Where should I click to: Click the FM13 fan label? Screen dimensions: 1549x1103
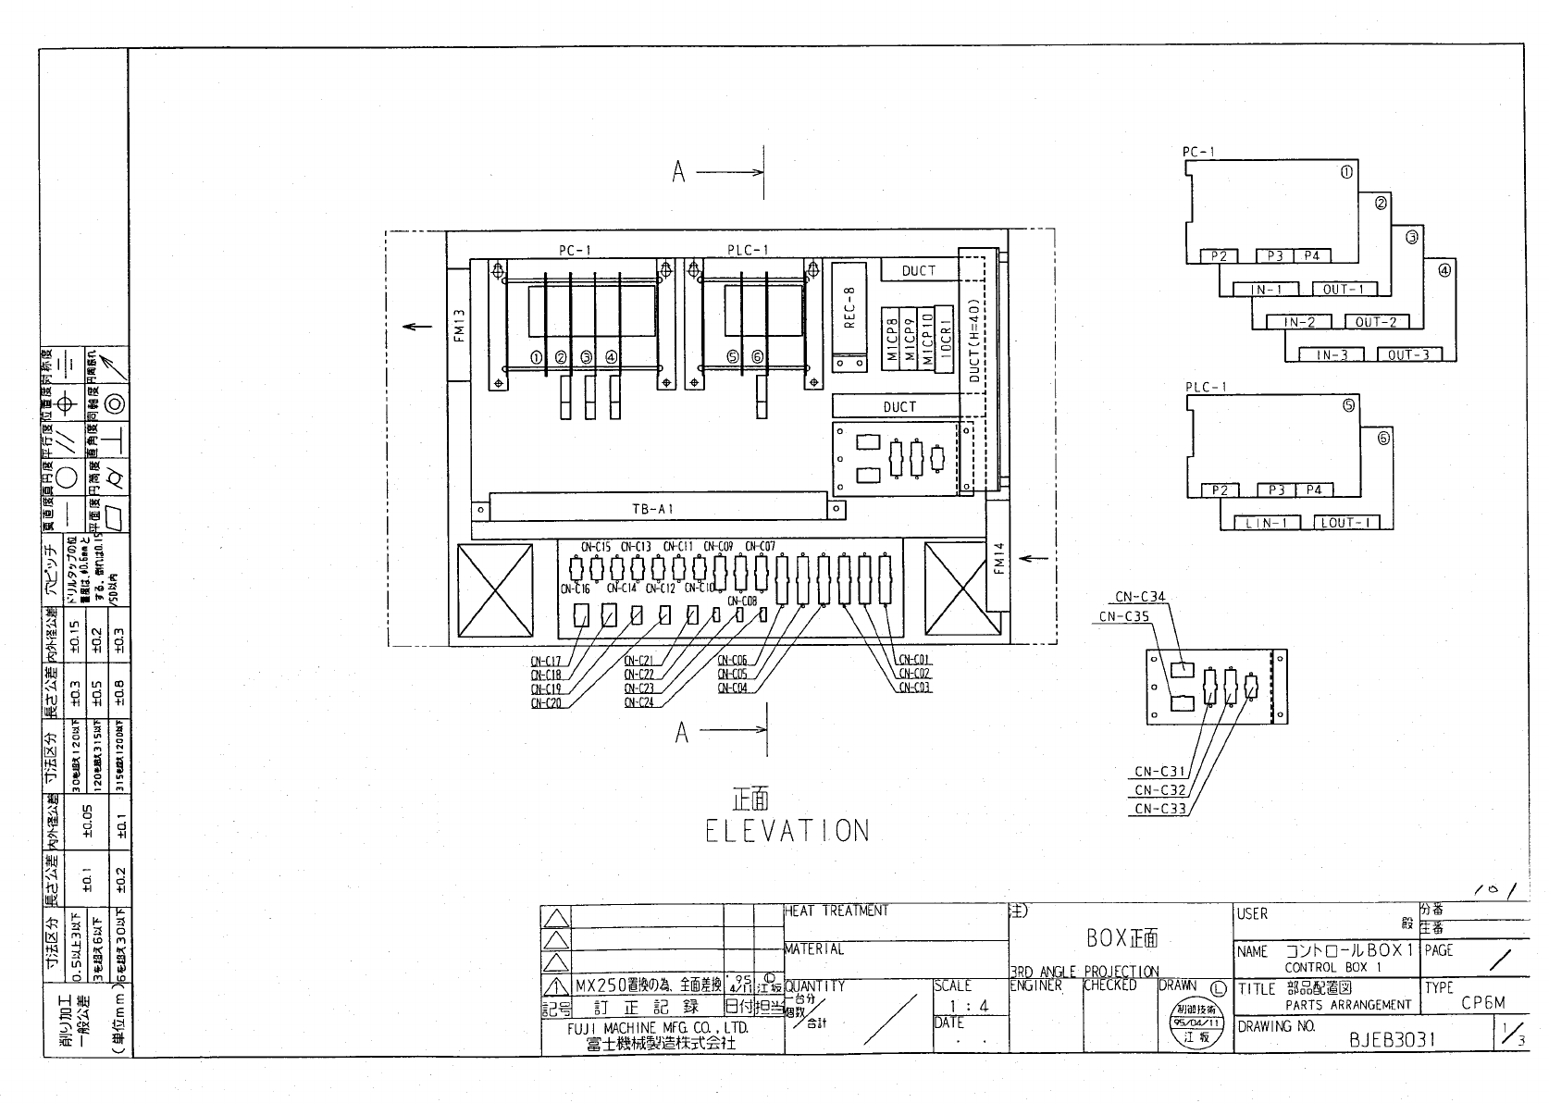point(459,325)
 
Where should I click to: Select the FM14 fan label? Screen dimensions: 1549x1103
point(998,558)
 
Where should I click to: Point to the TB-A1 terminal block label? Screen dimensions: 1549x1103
point(652,509)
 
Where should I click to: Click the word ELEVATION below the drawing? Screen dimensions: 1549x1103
point(787,830)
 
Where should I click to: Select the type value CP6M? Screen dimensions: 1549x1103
point(1483,1003)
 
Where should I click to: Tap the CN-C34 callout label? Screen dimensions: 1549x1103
point(1140,598)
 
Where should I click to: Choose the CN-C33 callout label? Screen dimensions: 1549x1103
point(1159,809)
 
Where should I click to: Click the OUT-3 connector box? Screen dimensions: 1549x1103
point(1408,355)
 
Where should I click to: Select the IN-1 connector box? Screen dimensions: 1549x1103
point(1267,290)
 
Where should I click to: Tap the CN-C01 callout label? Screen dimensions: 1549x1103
point(915,660)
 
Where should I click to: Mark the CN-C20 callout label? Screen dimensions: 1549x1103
point(546,703)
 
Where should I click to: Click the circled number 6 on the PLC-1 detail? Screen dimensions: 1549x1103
point(1383,438)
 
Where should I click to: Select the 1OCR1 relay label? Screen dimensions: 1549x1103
point(945,339)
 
